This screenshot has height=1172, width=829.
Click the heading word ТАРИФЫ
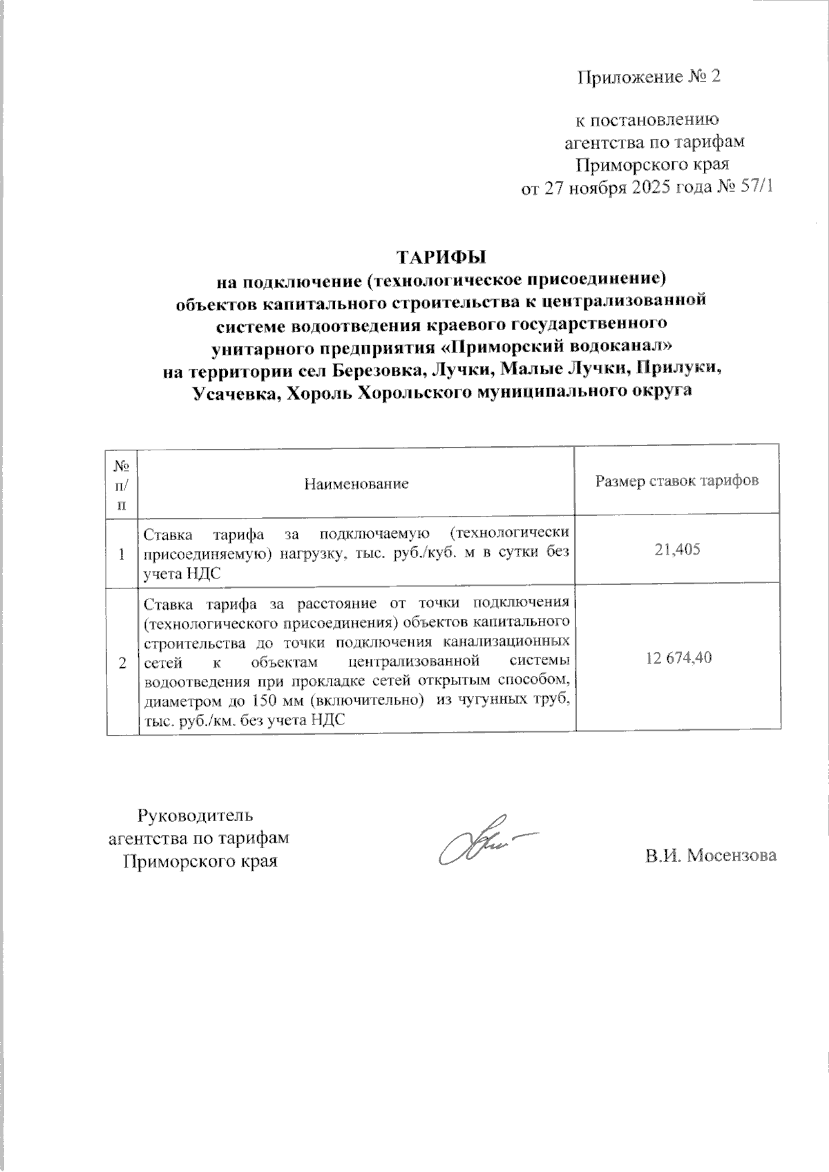441,257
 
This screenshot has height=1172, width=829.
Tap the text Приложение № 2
649,77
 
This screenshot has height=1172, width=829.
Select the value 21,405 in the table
678,550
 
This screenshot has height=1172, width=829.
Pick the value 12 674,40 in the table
678,658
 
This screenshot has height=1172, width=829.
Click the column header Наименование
356,483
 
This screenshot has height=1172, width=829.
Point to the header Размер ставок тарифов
678,481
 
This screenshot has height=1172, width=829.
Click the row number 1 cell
123,554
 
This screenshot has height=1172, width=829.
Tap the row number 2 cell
123,663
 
